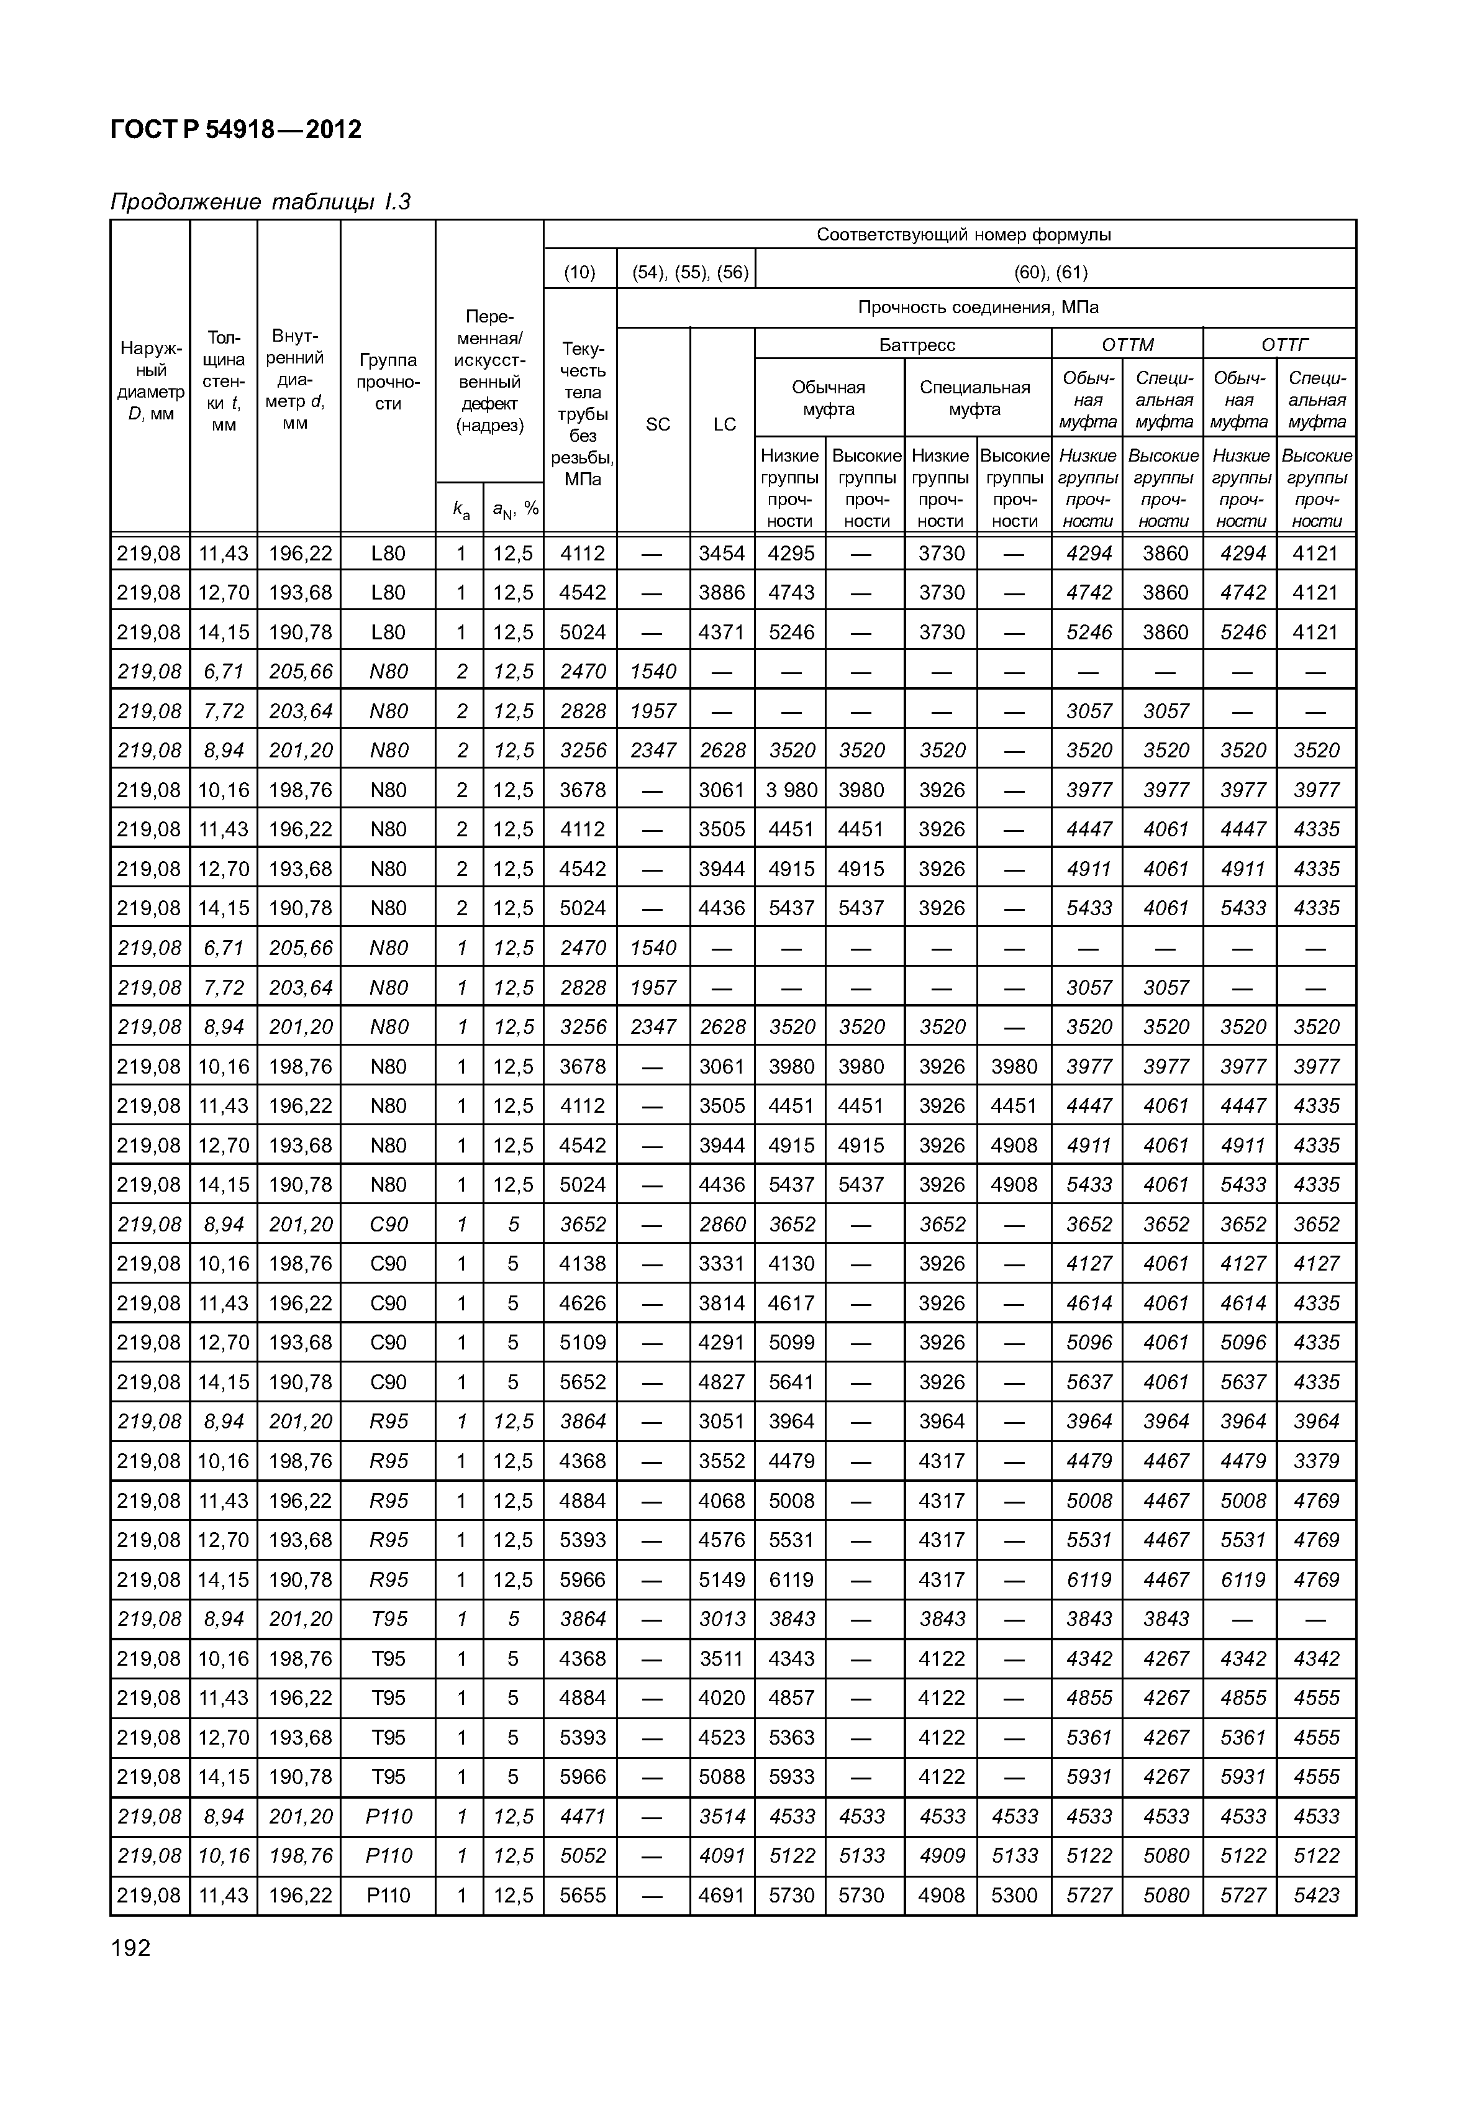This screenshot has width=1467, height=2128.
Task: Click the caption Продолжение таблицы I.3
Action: pos(260,201)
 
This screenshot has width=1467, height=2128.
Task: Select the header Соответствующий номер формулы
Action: pos(963,234)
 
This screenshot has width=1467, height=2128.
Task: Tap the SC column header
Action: pos(658,424)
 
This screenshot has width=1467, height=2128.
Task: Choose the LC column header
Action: pos(724,424)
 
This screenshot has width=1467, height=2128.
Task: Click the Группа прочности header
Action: pos(388,381)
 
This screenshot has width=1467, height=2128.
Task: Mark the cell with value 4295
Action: pos(791,554)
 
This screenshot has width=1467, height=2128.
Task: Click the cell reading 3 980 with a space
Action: pos(791,790)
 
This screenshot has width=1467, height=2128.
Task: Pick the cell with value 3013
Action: pos(722,1619)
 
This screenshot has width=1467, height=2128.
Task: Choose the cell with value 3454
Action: pos(722,554)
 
